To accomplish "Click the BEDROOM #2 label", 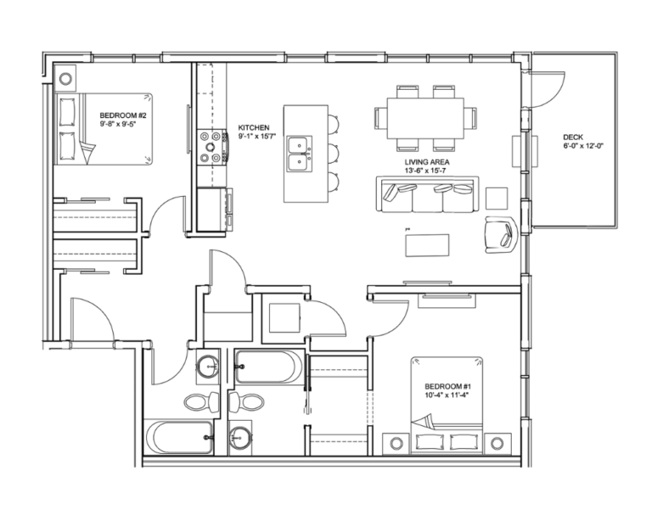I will point(124,115).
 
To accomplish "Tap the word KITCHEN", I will point(254,127).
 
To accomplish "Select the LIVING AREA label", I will point(427,161).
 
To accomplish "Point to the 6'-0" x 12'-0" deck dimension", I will point(582,146).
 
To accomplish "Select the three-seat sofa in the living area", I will point(428,196).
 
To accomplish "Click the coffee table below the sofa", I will point(428,244).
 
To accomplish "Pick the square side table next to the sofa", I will point(497,197).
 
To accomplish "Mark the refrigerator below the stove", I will point(210,208).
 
